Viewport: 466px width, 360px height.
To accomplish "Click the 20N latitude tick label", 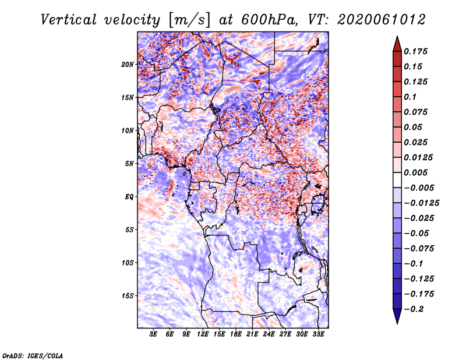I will pos(128,64).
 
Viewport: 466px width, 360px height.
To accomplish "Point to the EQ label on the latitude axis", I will pos(129,196).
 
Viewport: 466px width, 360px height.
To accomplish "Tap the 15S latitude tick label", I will pos(128,295).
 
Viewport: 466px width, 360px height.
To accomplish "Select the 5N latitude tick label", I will pos(129,163).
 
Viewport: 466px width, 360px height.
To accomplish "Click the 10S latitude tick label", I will pos(128,262).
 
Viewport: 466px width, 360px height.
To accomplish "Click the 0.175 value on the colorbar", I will pos(416,51).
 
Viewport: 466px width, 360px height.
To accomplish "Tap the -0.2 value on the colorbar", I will pos(414,309).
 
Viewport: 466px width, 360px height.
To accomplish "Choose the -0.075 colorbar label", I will pos(421,249).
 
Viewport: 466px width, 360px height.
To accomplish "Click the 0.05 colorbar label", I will pos(414,127).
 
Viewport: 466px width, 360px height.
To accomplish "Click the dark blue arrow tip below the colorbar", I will pos(397,320).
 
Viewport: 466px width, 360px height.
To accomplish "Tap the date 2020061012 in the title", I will pos(376,19).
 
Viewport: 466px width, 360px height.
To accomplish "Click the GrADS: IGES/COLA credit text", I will pos(33,355).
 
